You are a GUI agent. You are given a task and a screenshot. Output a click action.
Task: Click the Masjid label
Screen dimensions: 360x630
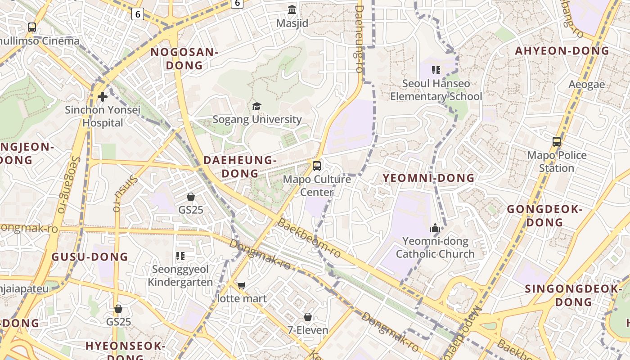pyautogui.click(x=292, y=23)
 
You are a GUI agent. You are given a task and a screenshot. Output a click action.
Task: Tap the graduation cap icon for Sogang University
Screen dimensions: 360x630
pyautogui.click(x=256, y=106)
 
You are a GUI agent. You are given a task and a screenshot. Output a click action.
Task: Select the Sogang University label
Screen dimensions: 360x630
pyautogui.click(x=257, y=119)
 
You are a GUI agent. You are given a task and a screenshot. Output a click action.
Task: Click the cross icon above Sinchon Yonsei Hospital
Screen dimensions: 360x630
pyautogui.click(x=103, y=96)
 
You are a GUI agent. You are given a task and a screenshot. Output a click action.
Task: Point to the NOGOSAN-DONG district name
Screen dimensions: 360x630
pyautogui.click(x=184, y=58)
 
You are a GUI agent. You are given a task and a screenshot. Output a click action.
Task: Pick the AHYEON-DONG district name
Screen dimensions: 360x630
pyautogui.click(x=562, y=51)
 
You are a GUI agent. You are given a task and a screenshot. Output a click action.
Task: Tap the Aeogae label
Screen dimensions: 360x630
pyautogui.click(x=586, y=85)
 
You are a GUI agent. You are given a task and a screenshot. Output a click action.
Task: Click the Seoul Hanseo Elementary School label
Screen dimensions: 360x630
pyautogui.click(x=436, y=90)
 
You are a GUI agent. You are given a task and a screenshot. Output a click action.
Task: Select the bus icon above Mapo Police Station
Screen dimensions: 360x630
pyautogui.click(x=557, y=142)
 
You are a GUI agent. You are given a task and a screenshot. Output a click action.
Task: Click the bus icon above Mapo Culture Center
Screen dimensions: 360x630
pyautogui.click(x=317, y=166)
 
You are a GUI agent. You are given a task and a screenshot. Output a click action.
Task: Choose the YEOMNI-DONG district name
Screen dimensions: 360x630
pyautogui.click(x=428, y=178)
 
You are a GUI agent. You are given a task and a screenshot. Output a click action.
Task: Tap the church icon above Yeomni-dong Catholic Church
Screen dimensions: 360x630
pyautogui.click(x=435, y=228)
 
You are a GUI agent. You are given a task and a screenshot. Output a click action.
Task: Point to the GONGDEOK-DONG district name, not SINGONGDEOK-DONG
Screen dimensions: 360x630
pyautogui.click(x=544, y=216)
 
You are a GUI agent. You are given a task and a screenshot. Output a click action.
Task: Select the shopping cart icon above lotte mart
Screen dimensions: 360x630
pyautogui.click(x=242, y=285)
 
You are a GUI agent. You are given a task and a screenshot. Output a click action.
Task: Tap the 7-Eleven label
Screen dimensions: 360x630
pyautogui.click(x=308, y=330)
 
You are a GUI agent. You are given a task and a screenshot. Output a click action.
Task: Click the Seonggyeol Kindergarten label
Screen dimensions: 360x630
pyautogui.click(x=180, y=275)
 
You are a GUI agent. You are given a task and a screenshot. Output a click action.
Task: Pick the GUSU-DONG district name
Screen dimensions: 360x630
pyautogui.click(x=90, y=257)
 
